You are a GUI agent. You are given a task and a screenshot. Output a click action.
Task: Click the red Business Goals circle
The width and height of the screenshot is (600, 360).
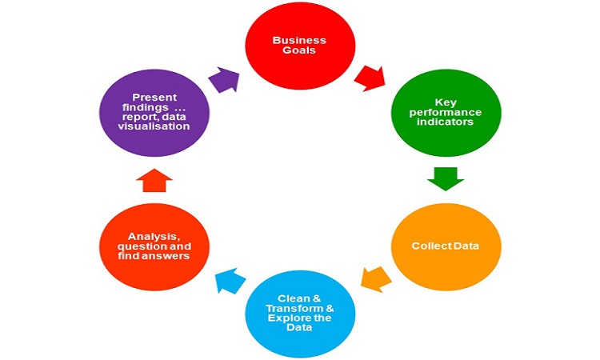(x=299, y=47)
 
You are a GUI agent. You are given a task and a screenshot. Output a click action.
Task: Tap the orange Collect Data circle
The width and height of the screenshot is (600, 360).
(x=445, y=246)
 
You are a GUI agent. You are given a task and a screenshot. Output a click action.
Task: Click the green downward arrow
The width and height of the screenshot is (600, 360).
(x=445, y=178)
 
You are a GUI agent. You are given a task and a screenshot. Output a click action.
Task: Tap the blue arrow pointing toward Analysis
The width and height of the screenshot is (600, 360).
(x=230, y=279)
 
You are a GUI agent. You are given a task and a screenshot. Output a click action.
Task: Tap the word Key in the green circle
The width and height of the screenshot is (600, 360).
(x=445, y=102)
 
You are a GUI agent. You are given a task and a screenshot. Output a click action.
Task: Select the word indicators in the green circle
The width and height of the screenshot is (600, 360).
(x=445, y=124)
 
